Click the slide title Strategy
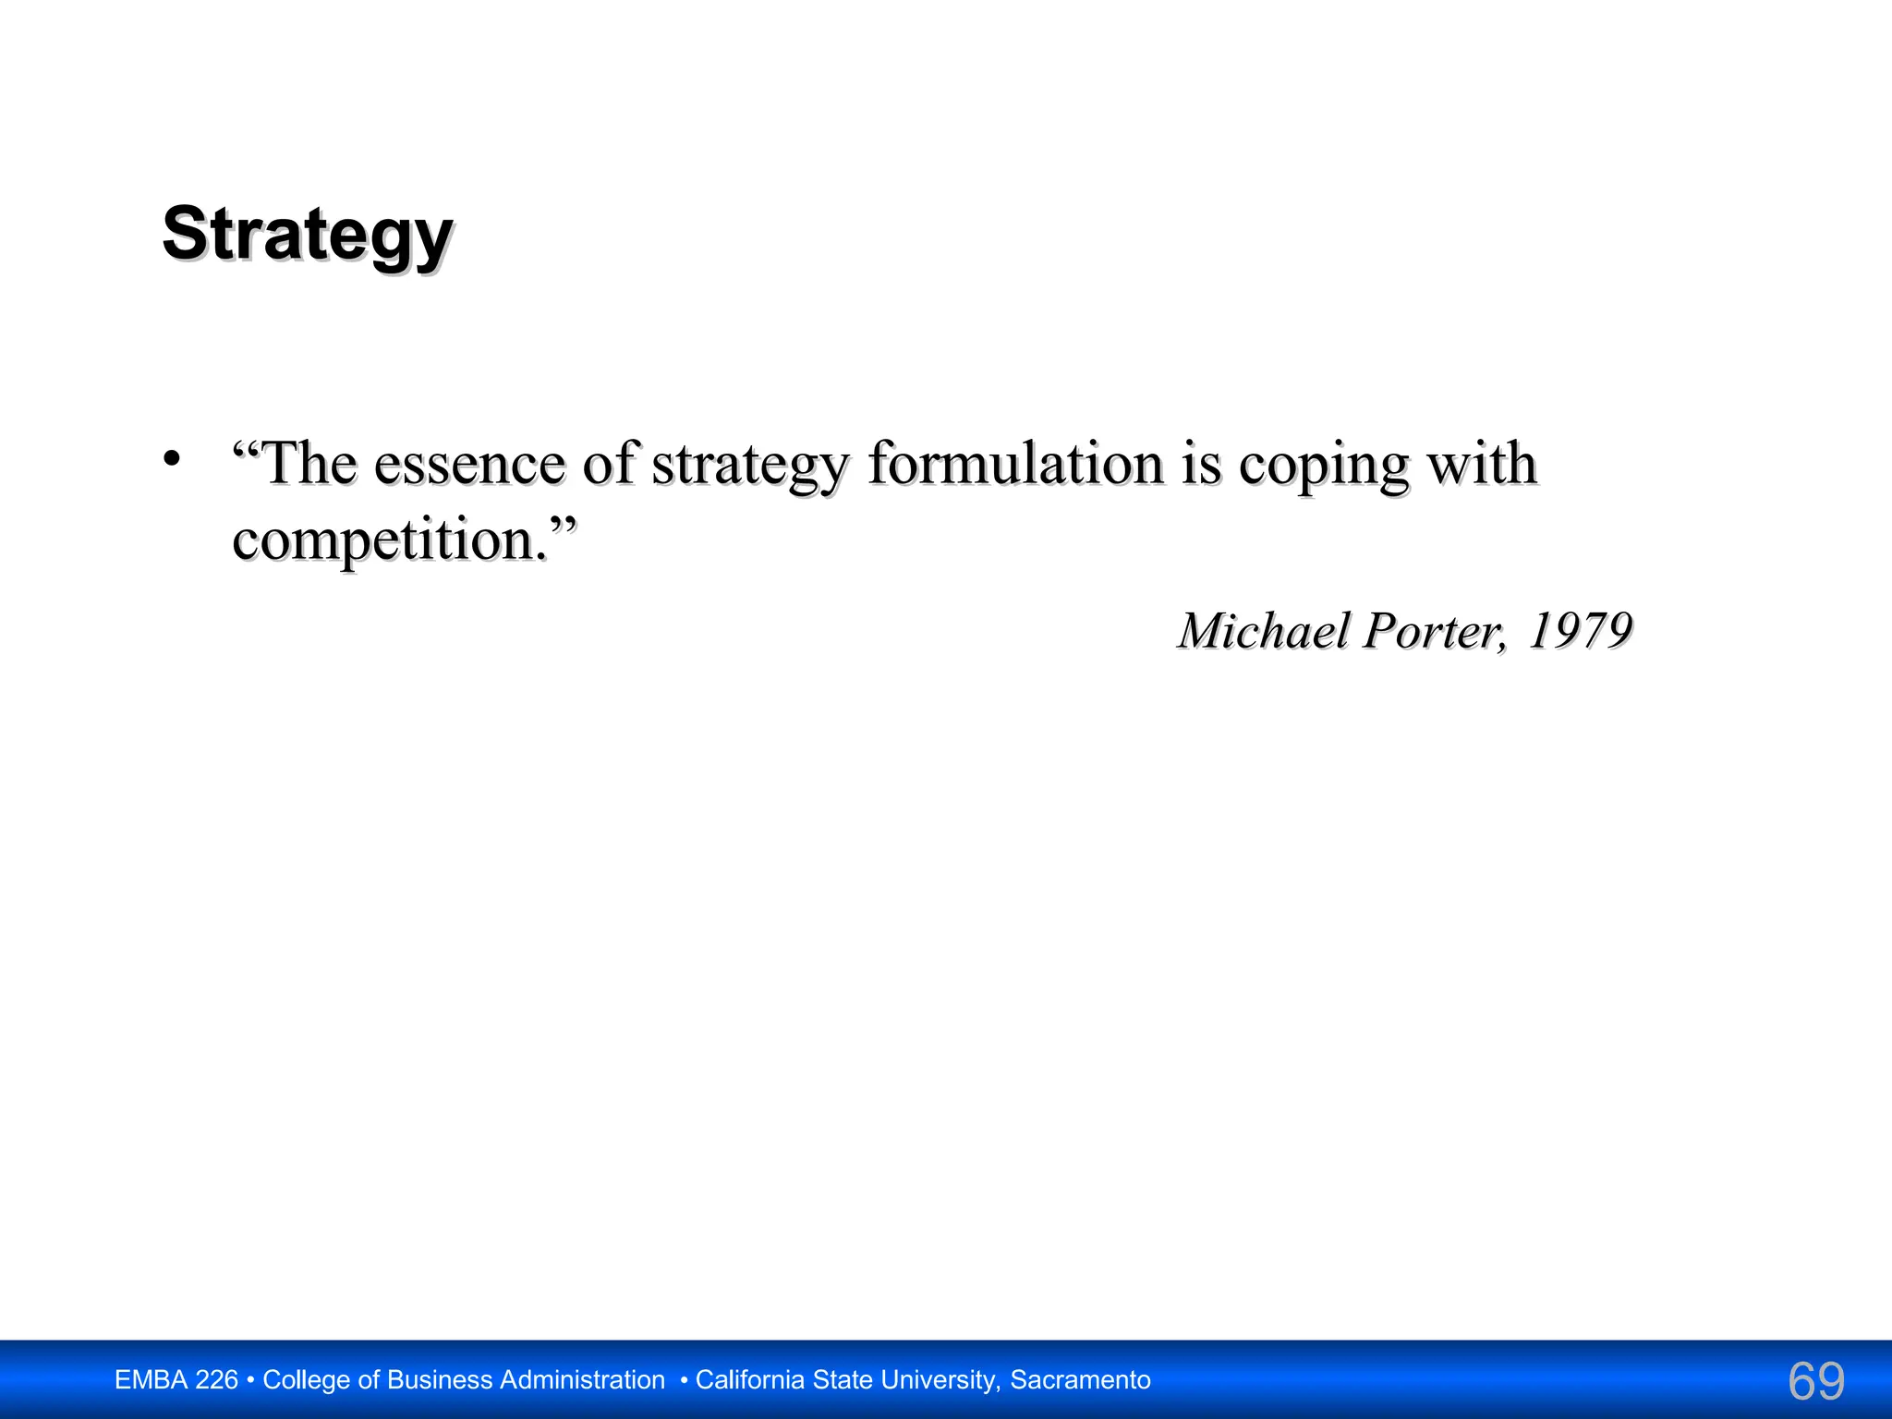[308, 234]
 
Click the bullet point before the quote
[171, 458]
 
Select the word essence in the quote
[469, 463]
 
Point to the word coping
[1323, 465]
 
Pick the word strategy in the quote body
[749, 465]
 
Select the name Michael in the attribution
[1263, 631]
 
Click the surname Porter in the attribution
[1434, 631]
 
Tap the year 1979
[1580, 631]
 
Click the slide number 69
[1816, 1381]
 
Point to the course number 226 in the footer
[217, 1380]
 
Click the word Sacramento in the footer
[1080, 1380]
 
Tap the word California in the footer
[750, 1380]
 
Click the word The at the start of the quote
[309, 463]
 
